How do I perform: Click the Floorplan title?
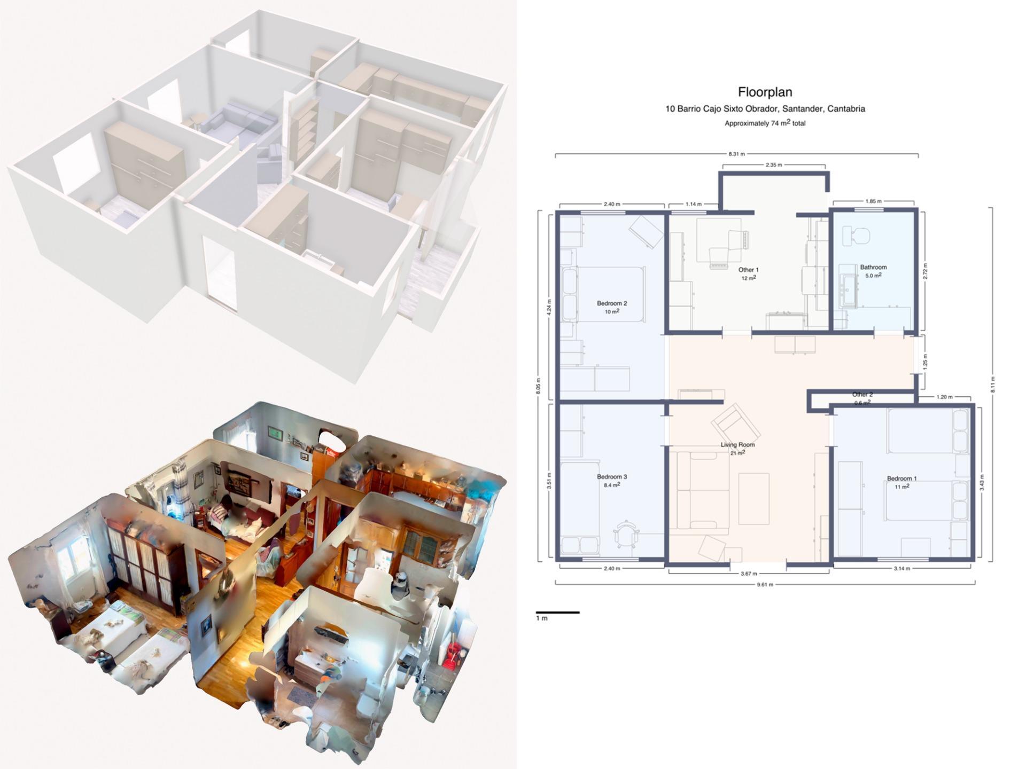pyautogui.click(x=765, y=92)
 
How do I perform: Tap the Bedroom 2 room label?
pyautogui.click(x=612, y=303)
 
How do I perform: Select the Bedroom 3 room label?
pyautogui.click(x=612, y=477)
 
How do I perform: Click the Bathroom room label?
pyautogui.click(x=873, y=267)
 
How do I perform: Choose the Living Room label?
pyautogui.click(x=737, y=445)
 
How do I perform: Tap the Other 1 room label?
pyautogui.click(x=748, y=270)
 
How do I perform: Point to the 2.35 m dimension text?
pyautogui.click(x=774, y=165)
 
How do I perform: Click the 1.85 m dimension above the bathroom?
pyautogui.click(x=873, y=201)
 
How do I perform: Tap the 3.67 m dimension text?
pyautogui.click(x=749, y=574)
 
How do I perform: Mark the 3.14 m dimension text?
pyautogui.click(x=901, y=568)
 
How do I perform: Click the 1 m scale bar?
pyautogui.click(x=557, y=613)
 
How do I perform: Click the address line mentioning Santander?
pyautogui.click(x=765, y=109)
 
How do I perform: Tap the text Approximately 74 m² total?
pyautogui.click(x=765, y=123)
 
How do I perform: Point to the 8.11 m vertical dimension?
pyautogui.click(x=992, y=384)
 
